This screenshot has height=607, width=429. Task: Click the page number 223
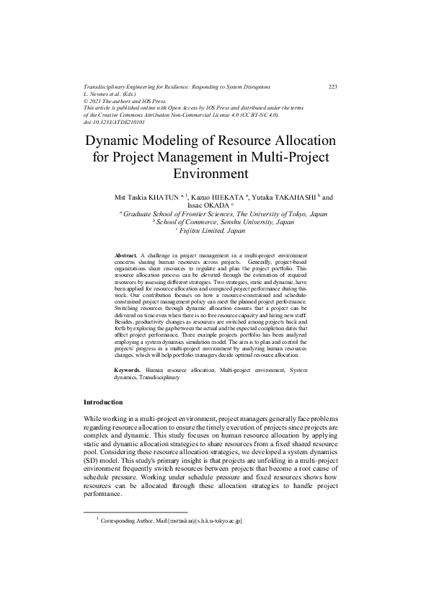point(333,87)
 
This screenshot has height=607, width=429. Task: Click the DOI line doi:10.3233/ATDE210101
point(115,122)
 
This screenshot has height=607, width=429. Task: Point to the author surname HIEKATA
point(227,196)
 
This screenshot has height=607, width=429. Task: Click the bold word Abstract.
point(127,256)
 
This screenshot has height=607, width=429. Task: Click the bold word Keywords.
point(130,370)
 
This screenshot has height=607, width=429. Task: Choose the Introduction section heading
point(103,402)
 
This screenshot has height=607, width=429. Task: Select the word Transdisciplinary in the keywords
point(161,377)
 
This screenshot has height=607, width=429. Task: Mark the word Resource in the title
point(252,141)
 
